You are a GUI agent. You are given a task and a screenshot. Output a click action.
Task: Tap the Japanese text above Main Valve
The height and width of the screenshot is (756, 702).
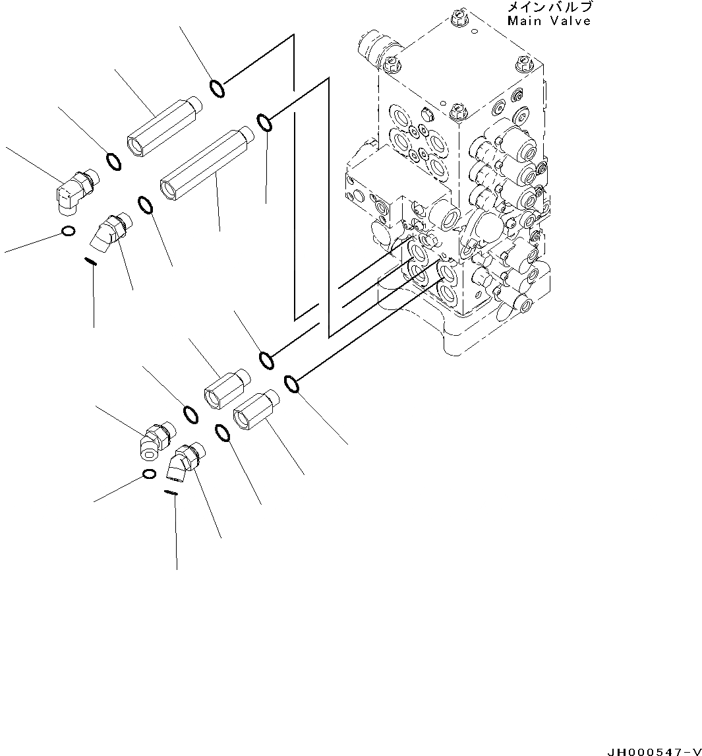[549, 8]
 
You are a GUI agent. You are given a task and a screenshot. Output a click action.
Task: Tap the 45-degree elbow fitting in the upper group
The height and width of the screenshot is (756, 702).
[110, 232]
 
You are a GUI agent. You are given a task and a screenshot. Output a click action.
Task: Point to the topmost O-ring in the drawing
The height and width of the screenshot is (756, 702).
[217, 88]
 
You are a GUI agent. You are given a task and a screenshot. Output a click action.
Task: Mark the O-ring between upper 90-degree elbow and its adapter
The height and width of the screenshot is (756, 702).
[113, 161]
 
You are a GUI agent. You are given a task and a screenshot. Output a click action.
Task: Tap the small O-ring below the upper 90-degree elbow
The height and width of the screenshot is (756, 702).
[67, 230]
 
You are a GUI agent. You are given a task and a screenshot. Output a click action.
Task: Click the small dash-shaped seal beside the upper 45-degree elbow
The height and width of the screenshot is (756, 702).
[91, 261]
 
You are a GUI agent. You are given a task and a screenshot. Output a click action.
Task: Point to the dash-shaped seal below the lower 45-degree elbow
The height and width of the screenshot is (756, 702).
[170, 492]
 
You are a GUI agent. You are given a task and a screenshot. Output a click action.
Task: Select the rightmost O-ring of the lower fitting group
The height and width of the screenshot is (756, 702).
[292, 383]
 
